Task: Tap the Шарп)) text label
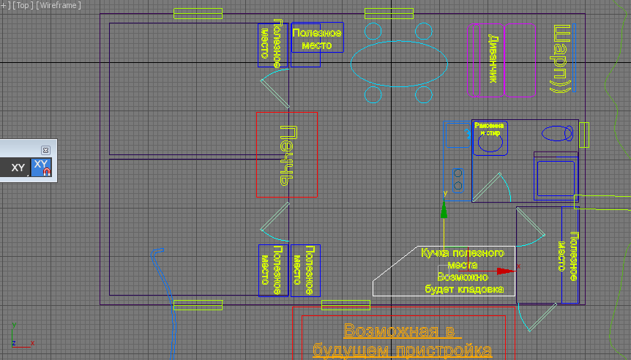(562, 59)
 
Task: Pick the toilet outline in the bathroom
(557, 133)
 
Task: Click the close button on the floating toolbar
(45, 149)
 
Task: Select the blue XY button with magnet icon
(42, 168)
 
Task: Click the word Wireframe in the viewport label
(58, 5)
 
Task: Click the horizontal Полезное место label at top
(318, 39)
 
